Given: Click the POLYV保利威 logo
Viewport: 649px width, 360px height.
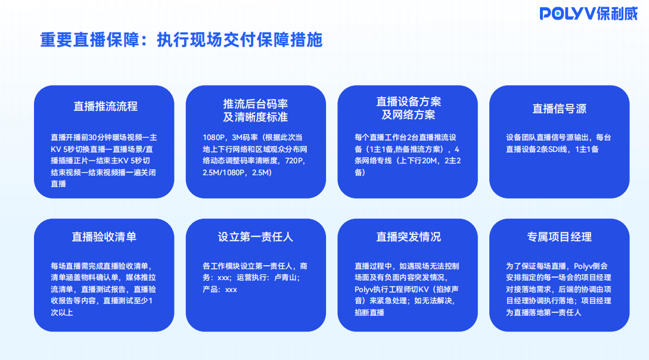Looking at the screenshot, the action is (x=589, y=14).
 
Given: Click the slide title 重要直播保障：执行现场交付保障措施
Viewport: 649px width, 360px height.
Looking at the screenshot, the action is (x=181, y=40).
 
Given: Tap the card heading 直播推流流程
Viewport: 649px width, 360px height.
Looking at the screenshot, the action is (x=105, y=106).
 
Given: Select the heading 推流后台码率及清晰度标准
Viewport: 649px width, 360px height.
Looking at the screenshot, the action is (x=256, y=110).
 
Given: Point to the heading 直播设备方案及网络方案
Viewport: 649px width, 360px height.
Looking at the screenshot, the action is (x=408, y=108).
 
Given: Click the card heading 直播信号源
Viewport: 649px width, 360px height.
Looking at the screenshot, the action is (x=559, y=108).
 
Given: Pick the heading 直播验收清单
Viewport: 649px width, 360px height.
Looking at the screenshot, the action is (x=104, y=237).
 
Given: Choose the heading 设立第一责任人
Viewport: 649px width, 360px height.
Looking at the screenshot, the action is (x=256, y=237).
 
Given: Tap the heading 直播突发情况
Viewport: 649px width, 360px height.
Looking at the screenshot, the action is (x=408, y=237).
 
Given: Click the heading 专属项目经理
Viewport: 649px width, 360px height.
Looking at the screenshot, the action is (x=559, y=237).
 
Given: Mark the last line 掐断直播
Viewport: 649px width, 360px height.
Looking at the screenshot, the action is (x=369, y=312).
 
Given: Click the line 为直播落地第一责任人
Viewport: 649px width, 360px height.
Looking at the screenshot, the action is (x=544, y=312).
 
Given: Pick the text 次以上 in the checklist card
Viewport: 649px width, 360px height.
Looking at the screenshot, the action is (x=62, y=312).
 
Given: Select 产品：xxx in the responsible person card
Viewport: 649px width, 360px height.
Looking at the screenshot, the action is (x=220, y=289).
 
